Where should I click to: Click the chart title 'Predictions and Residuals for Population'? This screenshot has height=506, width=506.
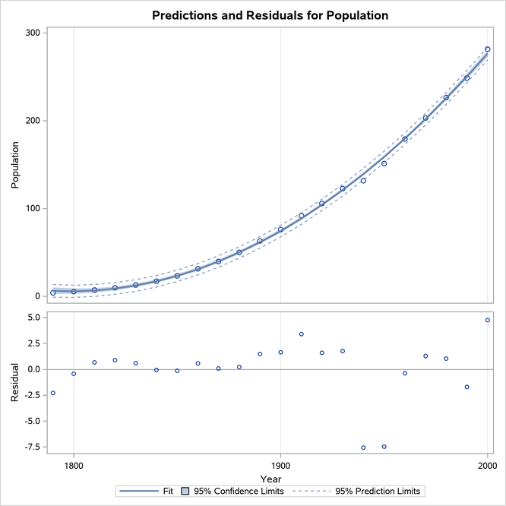(x=270, y=15)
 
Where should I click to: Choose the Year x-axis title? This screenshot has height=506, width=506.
(x=270, y=479)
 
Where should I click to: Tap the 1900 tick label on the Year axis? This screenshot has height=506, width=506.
(x=280, y=466)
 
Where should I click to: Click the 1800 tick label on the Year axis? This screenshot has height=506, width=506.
(x=74, y=466)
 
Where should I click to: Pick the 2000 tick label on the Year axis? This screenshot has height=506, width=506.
(x=487, y=466)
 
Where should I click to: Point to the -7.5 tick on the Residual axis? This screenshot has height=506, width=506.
(x=30, y=447)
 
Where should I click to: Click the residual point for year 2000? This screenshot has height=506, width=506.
(x=488, y=320)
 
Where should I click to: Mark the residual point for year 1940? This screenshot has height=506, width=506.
(x=363, y=447)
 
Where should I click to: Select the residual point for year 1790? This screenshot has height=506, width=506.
(x=53, y=393)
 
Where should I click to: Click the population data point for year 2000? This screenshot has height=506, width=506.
(x=488, y=49)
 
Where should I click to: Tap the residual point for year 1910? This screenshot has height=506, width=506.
(x=302, y=334)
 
